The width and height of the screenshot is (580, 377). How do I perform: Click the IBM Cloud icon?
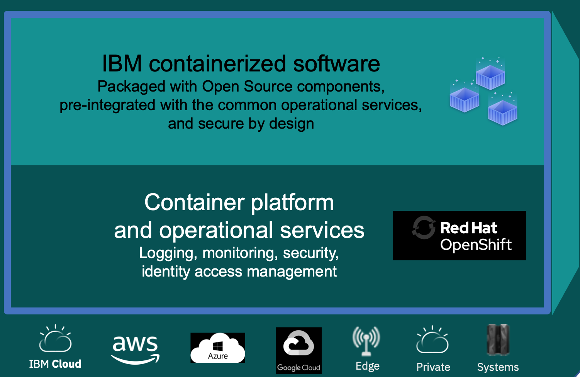click(55, 339)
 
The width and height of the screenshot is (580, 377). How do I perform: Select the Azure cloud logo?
click(218, 348)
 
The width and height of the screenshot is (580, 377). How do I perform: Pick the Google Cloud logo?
click(298, 350)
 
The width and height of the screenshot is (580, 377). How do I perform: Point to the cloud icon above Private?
click(432, 340)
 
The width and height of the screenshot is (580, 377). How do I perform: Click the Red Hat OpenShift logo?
click(459, 236)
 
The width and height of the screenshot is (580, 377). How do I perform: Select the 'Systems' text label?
click(498, 367)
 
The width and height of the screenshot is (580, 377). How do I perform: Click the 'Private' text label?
click(433, 367)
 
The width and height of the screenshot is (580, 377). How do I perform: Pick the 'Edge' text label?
click(367, 366)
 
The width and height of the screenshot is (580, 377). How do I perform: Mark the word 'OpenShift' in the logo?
click(476, 245)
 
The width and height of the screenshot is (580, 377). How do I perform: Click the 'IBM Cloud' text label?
click(55, 364)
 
